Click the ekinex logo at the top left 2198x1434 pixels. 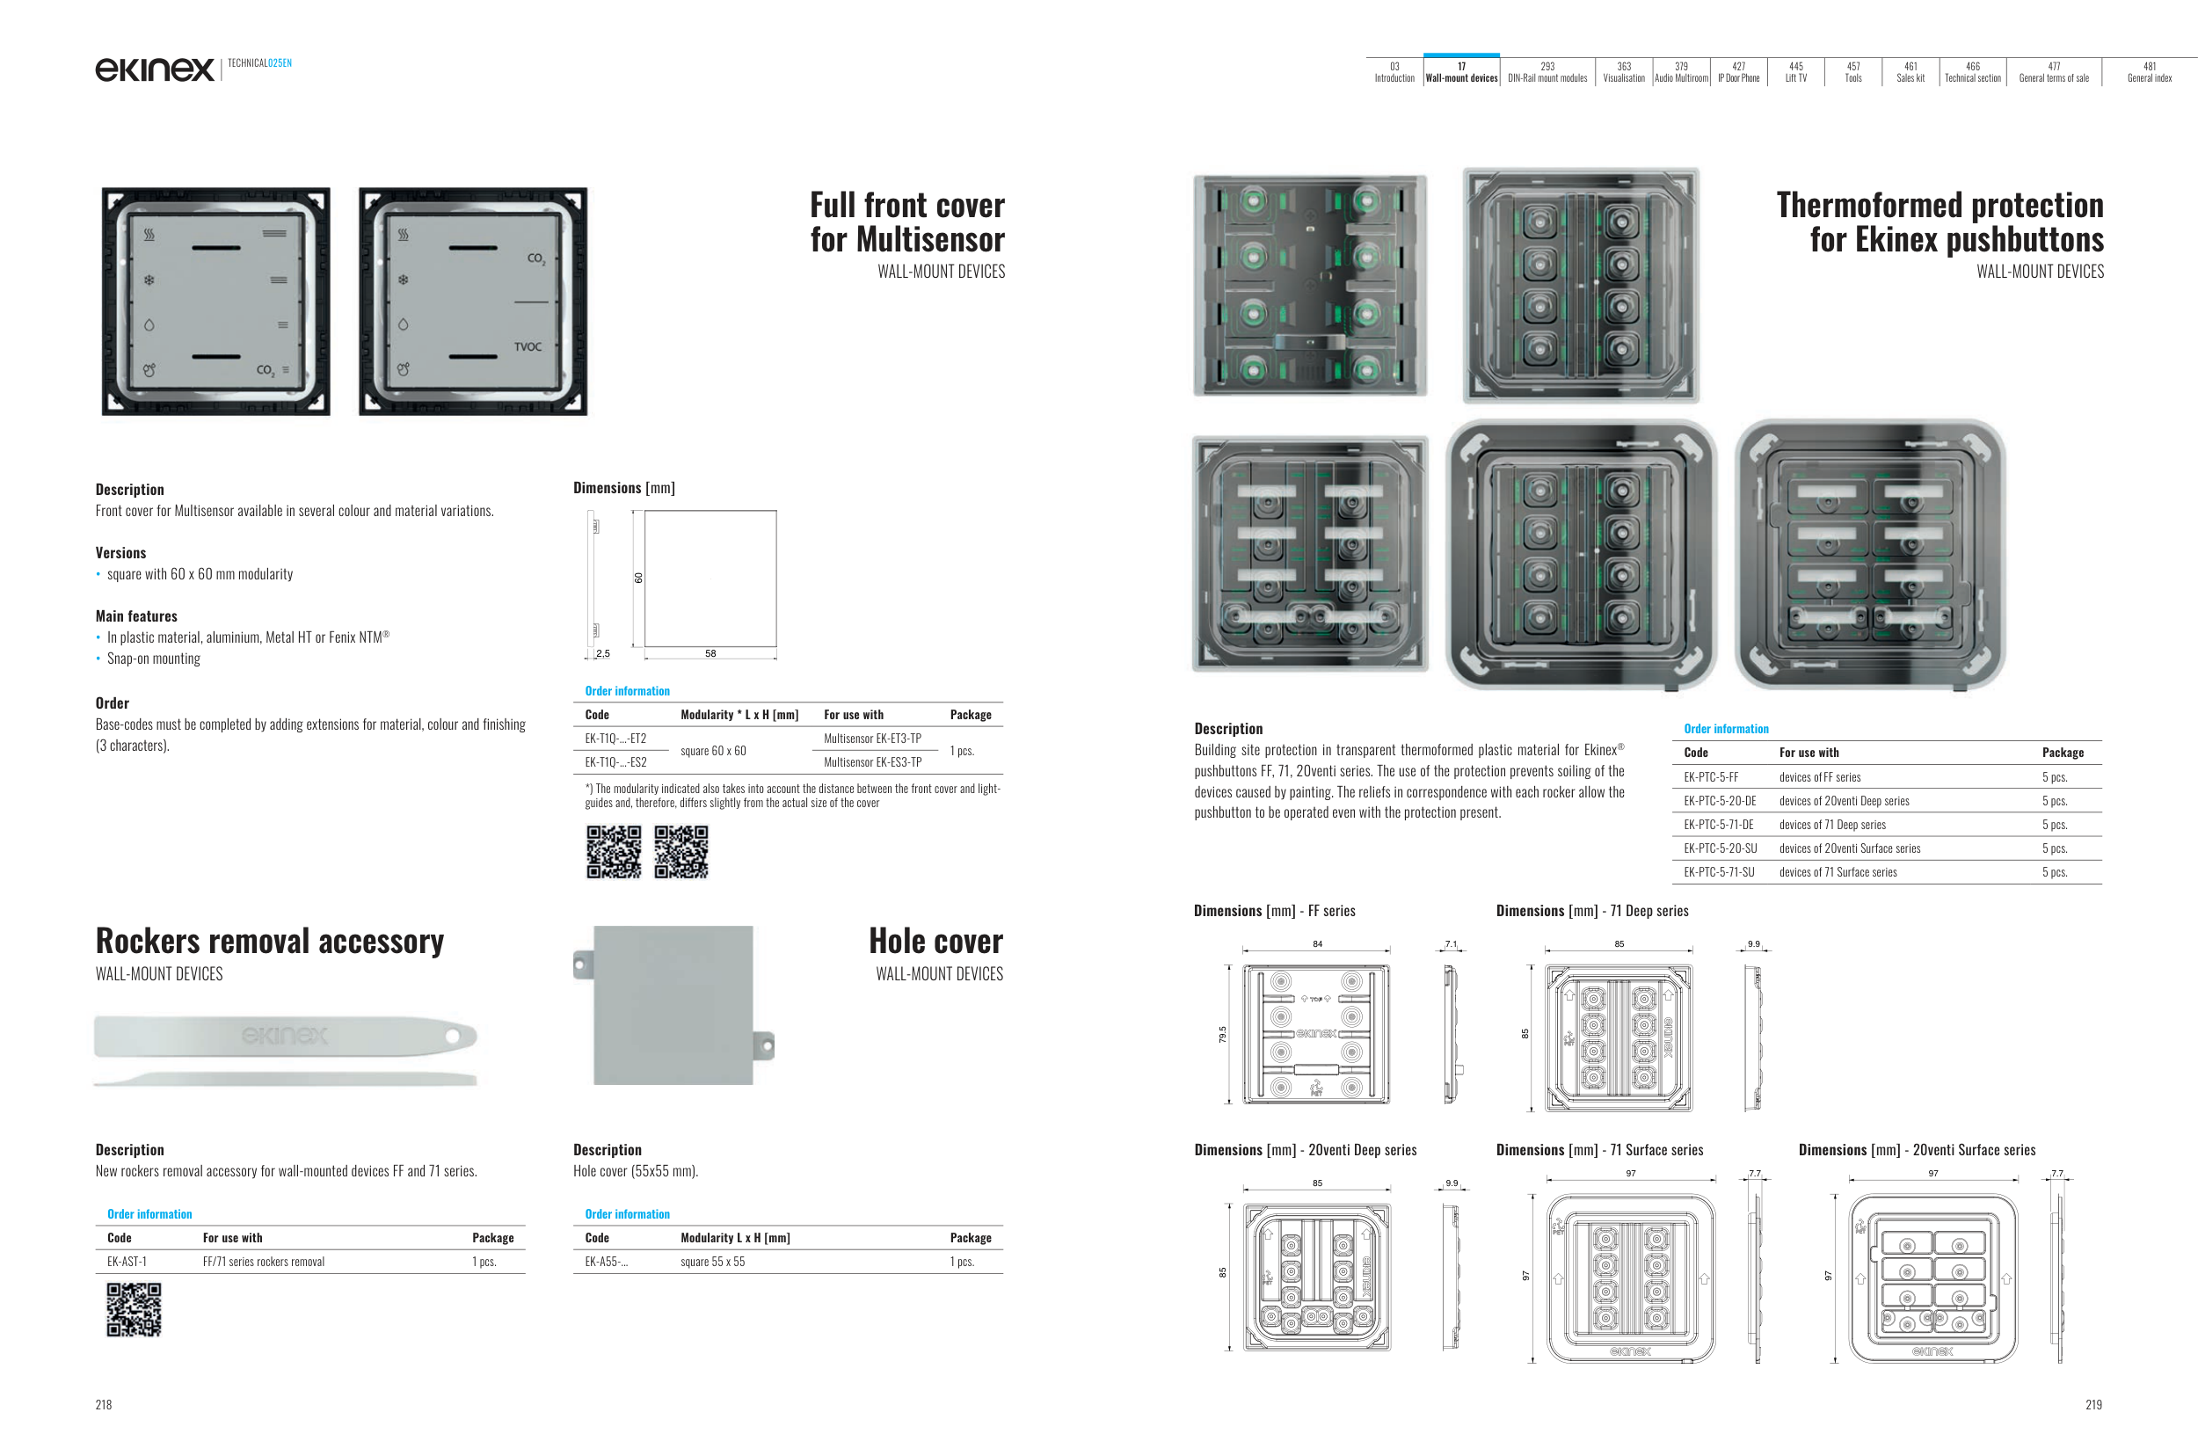(x=154, y=69)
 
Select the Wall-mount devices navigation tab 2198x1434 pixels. (x=1461, y=72)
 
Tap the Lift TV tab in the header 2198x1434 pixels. (x=1795, y=72)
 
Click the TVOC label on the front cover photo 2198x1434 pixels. (x=528, y=347)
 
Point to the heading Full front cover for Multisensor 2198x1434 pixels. (x=907, y=222)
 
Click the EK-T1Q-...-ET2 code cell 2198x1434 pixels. (x=615, y=739)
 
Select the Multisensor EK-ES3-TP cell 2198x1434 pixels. (x=872, y=762)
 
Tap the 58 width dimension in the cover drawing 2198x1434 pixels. (x=710, y=654)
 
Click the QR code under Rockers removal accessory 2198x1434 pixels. (x=134, y=1309)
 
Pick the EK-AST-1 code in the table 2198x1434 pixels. (x=127, y=1263)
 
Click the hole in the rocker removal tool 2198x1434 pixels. (x=453, y=1036)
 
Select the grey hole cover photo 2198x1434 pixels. (x=673, y=1005)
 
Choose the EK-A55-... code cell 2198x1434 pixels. (x=606, y=1263)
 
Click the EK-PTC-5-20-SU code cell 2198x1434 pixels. (x=1720, y=848)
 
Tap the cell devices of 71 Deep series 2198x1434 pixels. (x=1832, y=826)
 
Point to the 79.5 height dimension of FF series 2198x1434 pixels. (x=1222, y=1034)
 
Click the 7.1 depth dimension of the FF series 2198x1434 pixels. (x=1451, y=943)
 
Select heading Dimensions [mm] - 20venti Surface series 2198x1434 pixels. (x=1917, y=1151)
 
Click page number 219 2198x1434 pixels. (x=2092, y=1404)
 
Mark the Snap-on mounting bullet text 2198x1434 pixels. (x=153, y=659)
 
